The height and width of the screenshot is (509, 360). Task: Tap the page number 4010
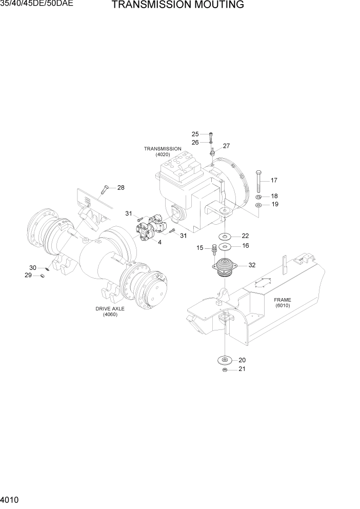[x=11, y=500]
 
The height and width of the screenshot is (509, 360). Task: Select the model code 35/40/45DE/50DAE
[x=36, y=5]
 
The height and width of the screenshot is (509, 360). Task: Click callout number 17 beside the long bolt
[x=274, y=180]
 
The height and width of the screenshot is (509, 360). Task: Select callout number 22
[x=245, y=236]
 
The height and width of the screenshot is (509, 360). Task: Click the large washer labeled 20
[x=225, y=360]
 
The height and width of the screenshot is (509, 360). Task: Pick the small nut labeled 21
[x=224, y=369]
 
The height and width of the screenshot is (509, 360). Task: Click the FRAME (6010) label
[x=283, y=302]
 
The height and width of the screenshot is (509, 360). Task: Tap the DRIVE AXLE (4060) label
[x=110, y=311]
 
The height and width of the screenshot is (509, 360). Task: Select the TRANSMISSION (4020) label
[x=163, y=151]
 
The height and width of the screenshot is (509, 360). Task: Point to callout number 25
[x=195, y=134]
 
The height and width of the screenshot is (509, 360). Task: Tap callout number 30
[x=33, y=268]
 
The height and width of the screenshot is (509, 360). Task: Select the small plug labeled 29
[x=43, y=276]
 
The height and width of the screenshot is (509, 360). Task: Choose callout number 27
[x=226, y=146]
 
